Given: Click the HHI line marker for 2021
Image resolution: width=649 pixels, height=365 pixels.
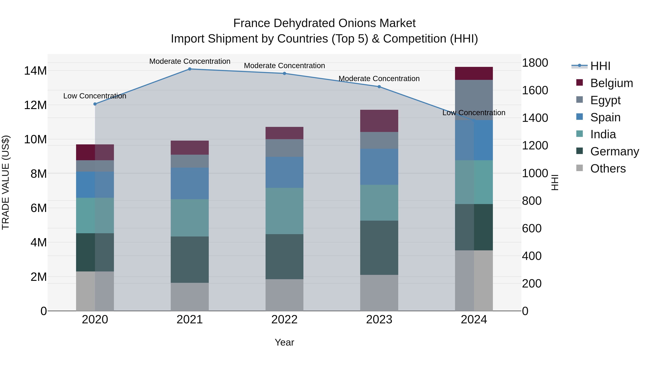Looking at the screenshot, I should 190,69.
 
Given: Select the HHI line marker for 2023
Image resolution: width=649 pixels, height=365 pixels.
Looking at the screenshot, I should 379,87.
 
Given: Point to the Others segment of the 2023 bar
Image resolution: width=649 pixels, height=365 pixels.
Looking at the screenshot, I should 379,293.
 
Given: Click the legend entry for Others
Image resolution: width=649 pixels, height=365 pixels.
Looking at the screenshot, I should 608,168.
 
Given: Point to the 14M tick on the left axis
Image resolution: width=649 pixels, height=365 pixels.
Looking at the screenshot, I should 35,71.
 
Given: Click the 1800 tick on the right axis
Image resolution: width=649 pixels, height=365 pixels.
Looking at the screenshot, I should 535,63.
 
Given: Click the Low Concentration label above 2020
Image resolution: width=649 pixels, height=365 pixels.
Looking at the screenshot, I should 95,96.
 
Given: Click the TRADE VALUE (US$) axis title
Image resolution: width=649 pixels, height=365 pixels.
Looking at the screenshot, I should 6,182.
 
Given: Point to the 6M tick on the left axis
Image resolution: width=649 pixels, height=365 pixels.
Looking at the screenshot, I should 39,208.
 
